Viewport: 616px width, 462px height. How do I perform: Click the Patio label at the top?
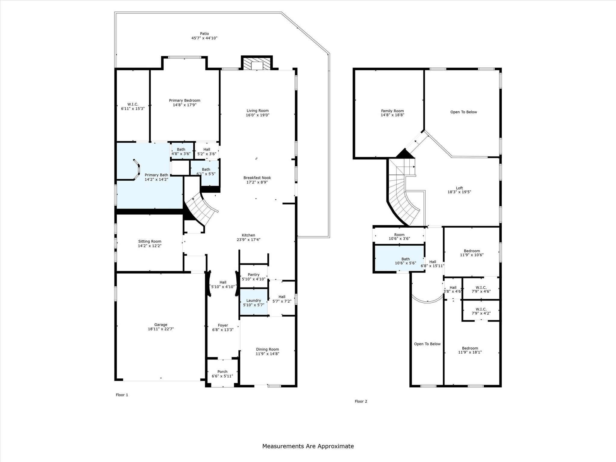[x=204, y=34]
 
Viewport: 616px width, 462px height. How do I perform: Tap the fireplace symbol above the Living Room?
[x=257, y=63]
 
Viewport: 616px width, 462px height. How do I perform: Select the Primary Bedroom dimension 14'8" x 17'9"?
[x=184, y=105]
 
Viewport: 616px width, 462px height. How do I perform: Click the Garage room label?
[x=161, y=325]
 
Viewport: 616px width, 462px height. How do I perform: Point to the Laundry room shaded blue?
[x=254, y=302]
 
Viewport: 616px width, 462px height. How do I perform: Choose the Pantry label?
[x=254, y=274]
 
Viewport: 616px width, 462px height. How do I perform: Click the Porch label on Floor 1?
[x=222, y=371]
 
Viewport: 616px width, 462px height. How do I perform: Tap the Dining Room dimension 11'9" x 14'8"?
[x=267, y=354]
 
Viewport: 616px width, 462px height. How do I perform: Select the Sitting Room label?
[x=149, y=241]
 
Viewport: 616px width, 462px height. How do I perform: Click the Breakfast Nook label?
[x=257, y=178]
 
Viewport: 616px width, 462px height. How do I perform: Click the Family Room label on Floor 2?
[x=392, y=111]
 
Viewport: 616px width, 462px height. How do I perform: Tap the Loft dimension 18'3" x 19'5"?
[x=459, y=192]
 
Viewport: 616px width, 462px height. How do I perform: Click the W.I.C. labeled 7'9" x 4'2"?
[x=481, y=311]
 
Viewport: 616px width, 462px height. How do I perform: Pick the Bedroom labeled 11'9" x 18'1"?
[x=470, y=350]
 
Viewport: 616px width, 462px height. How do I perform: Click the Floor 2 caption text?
[x=361, y=401]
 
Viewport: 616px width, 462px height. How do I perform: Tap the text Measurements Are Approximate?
[x=308, y=446]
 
